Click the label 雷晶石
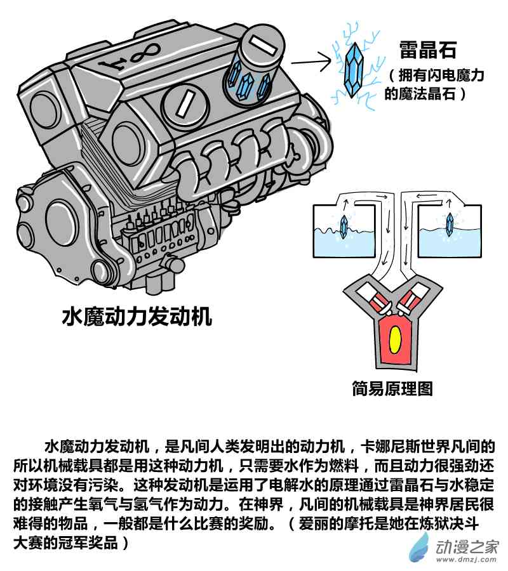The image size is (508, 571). (x=427, y=50)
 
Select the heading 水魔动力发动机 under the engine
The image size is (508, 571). (x=137, y=316)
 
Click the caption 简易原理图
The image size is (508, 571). (x=392, y=388)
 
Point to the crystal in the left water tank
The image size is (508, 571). (x=344, y=226)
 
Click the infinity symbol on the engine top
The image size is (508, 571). (x=145, y=53)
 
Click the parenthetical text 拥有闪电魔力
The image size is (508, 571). (x=441, y=75)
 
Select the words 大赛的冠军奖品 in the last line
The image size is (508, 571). (x=65, y=543)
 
